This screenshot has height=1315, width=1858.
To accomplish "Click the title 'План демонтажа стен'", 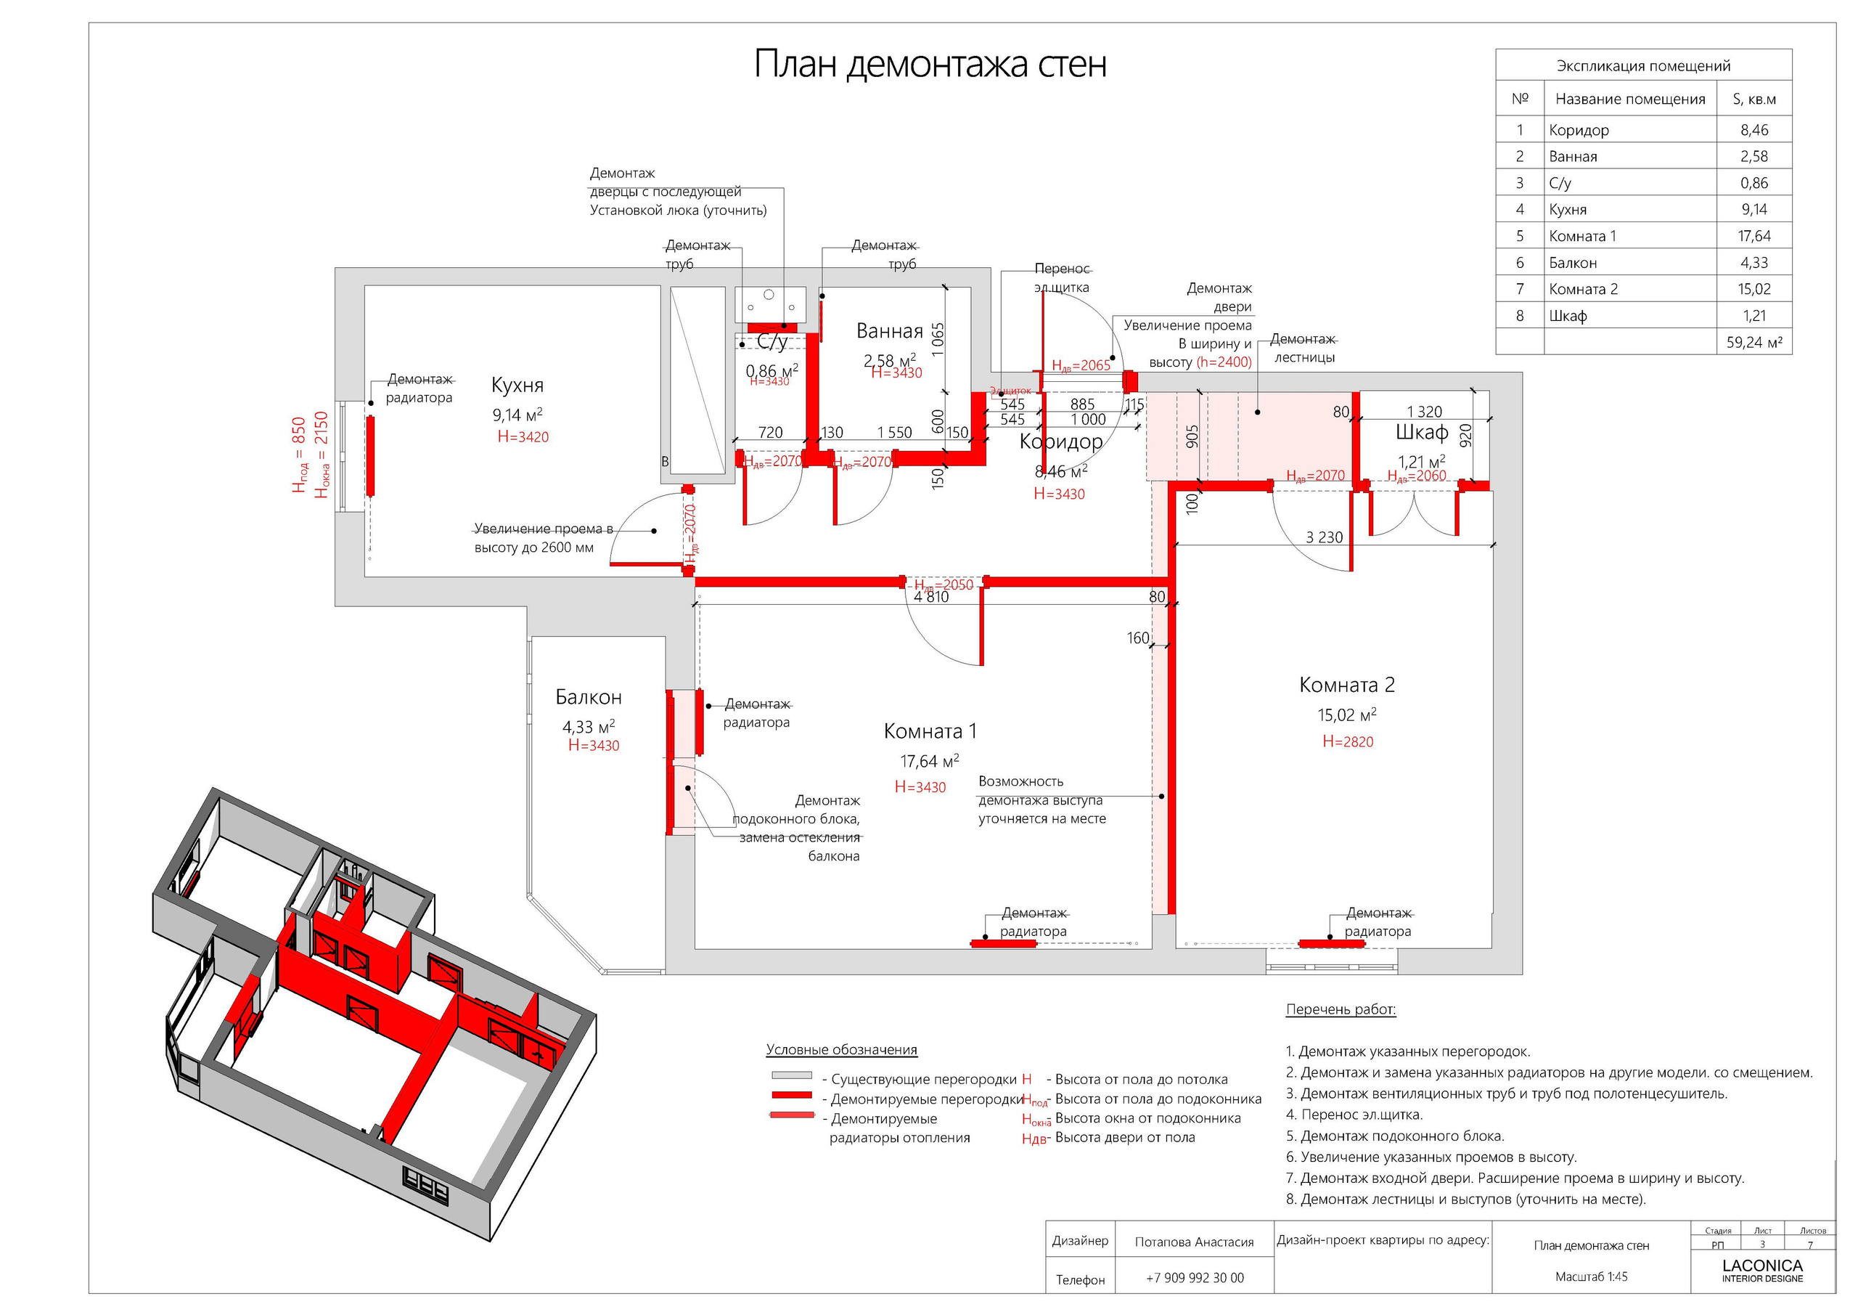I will click(x=929, y=65).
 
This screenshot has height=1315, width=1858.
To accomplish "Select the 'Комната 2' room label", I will click(x=1346, y=685).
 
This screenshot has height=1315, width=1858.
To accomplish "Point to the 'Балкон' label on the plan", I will click(x=589, y=697).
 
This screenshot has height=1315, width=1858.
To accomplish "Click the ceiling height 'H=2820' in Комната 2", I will click(x=1347, y=741).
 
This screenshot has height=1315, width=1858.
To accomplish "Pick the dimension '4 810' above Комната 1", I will click(x=930, y=598).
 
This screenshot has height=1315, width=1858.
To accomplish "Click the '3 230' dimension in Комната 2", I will click(x=1324, y=537).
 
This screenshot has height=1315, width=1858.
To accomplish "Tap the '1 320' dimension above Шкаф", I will click(x=1424, y=412).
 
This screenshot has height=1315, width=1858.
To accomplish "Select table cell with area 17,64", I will click(x=1753, y=237).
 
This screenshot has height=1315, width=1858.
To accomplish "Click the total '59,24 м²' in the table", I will click(x=1753, y=343).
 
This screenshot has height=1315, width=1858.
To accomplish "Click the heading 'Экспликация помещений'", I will click(x=1642, y=66).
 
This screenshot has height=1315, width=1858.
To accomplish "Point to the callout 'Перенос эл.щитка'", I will click(x=1062, y=277).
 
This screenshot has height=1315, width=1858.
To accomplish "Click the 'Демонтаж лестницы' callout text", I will click(x=1303, y=349).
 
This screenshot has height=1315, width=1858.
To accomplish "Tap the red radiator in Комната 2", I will click(x=1331, y=943).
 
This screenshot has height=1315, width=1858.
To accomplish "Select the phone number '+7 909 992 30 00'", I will click(x=1195, y=1278).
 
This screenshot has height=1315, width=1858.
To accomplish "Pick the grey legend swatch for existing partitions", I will click(x=790, y=1076).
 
